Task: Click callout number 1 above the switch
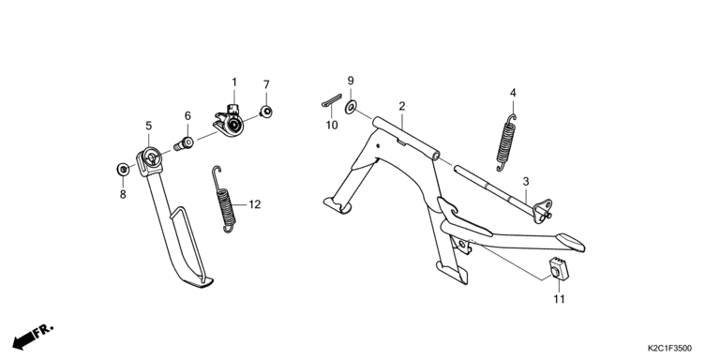coord(234,82)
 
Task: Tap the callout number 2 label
coord(402,107)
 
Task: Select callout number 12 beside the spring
coord(255,204)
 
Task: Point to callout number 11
coord(559,299)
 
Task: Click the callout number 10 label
coord(332,125)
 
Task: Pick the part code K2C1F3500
coord(669,349)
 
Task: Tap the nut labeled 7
coord(265,112)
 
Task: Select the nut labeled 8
coord(123,169)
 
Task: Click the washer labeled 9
coord(351,108)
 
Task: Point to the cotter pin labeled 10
coord(332,100)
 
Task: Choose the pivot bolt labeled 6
coord(184,143)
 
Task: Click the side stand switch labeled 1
coord(230,122)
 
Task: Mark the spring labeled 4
coord(506,142)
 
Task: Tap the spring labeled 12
coord(225,199)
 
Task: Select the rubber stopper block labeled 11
coord(559,269)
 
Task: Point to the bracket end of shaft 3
coord(543,211)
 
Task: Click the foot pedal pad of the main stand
coord(570,242)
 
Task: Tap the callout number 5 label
coord(148,126)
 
